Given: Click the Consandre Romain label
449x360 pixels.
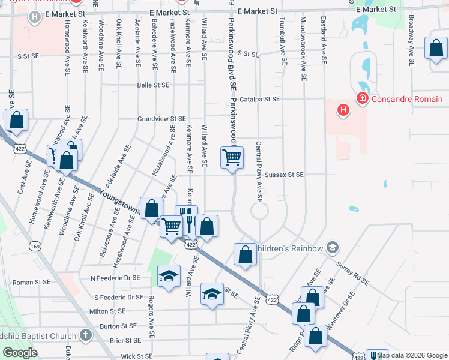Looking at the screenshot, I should (408, 99).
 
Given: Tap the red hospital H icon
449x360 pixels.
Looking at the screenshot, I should (343, 110).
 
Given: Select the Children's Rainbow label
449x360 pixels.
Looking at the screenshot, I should (289, 248).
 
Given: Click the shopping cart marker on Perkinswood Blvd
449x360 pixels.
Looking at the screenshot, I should (232, 158).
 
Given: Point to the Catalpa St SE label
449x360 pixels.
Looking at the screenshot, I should (260, 99).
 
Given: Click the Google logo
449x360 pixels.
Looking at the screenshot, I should (20, 353).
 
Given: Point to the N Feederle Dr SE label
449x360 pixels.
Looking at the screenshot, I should (115, 278).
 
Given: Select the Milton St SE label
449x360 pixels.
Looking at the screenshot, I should (106, 311).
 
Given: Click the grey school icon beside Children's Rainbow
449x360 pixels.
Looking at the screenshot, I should (333, 248).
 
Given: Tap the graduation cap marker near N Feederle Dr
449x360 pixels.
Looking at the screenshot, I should (169, 277).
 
